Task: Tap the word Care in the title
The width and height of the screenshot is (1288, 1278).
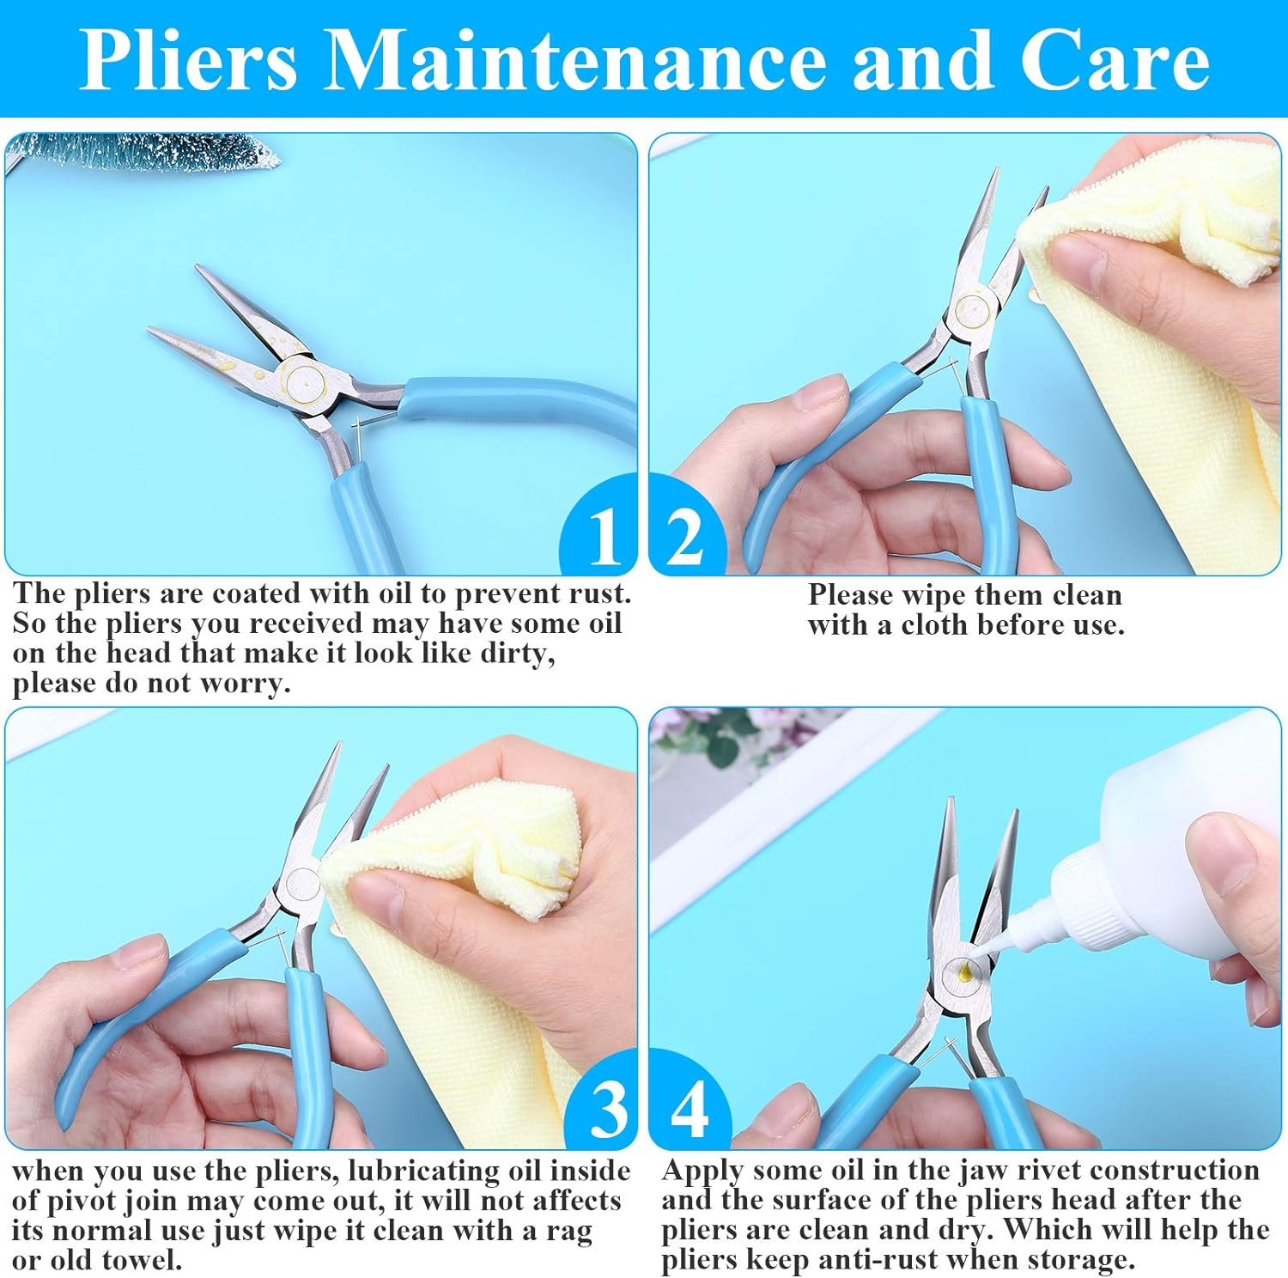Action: click(x=1114, y=60)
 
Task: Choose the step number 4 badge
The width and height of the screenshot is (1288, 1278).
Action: click(x=690, y=1109)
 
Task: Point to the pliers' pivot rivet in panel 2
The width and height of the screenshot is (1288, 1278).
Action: click(x=971, y=307)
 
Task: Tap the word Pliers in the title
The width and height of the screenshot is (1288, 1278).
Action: click(x=189, y=60)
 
